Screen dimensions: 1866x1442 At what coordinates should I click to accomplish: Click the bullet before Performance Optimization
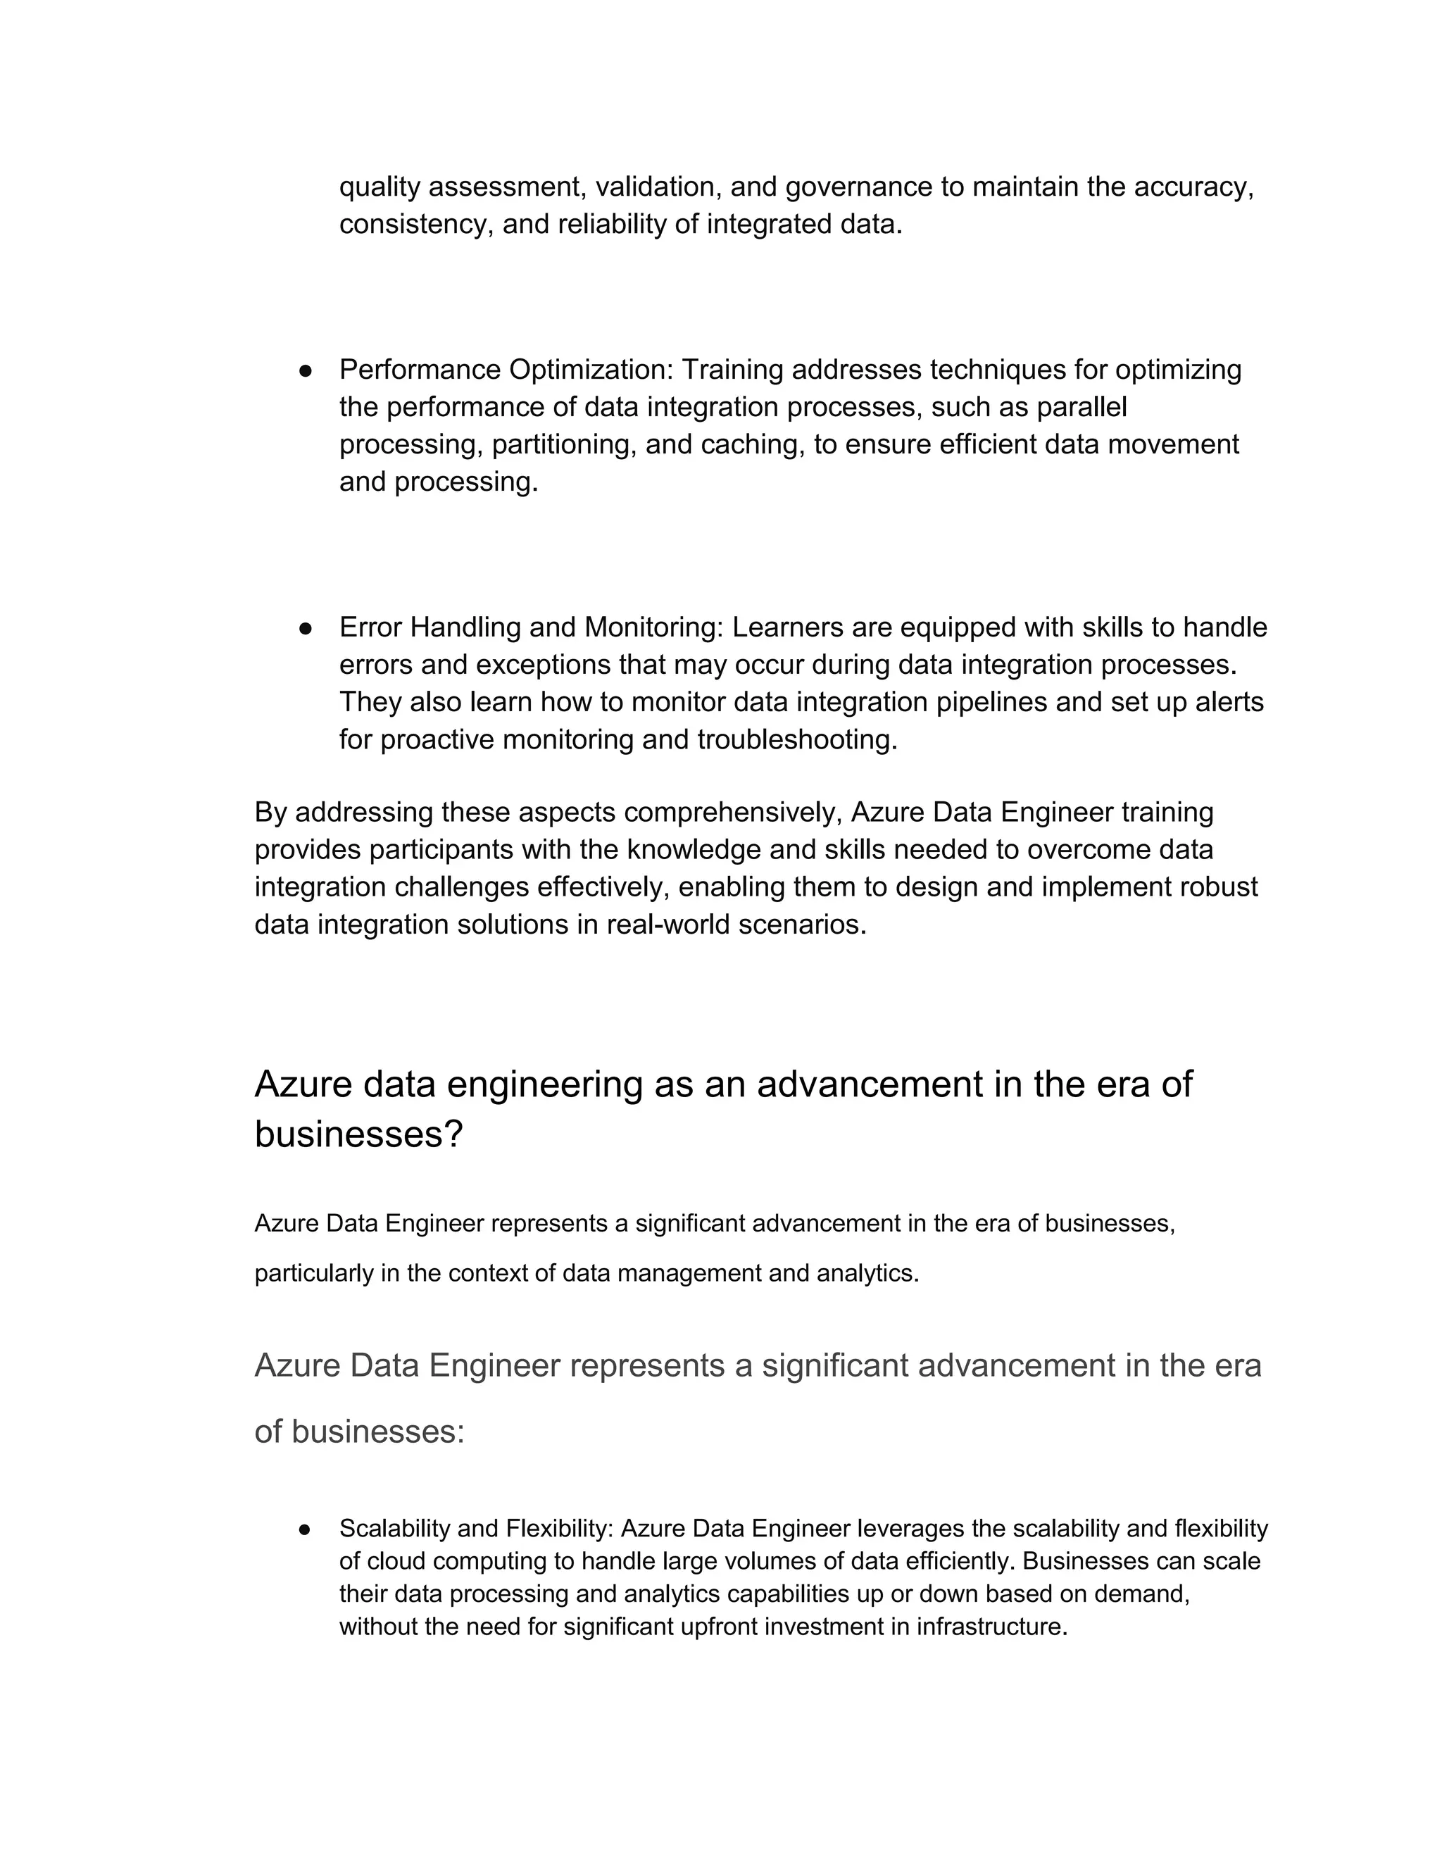(x=305, y=371)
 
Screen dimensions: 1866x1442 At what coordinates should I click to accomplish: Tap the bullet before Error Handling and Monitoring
(x=305, y=628)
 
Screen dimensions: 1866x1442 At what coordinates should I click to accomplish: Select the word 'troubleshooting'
(x=797, y=739)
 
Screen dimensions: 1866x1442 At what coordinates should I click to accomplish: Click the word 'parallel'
(x=1081, y=407)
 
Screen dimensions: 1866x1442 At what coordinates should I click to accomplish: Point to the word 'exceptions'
(x=545, y=664)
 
